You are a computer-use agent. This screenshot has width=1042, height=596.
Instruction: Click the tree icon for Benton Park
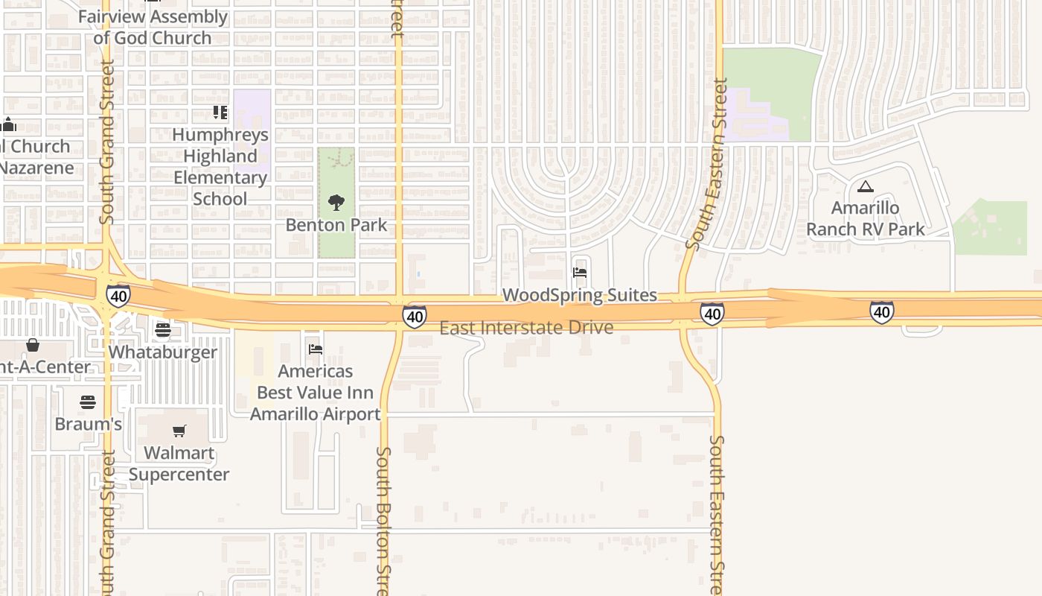pyautogui.click(x=336, y=202)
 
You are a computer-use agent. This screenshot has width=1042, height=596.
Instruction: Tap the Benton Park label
pyautogui.click(x=336, y=225)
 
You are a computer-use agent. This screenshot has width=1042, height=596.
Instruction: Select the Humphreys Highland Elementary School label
pyautogui.click(x=220, y=167)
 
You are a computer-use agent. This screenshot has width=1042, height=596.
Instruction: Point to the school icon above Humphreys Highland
pyautogui.click(x=220, y=112)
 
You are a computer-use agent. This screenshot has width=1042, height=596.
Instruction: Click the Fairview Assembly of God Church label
pyautogui.click(x=153, y=27)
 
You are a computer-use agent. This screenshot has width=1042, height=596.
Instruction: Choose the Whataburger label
pyautogui.click(x=163, y=352)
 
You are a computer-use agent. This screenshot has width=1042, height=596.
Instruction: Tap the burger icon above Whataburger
pyautogui.click(x=163, y=329)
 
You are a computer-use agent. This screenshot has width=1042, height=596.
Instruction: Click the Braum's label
pyautogui.click(x=88, y=424)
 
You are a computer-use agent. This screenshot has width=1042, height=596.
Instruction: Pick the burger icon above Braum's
pyautogui.click(x=88, y=402)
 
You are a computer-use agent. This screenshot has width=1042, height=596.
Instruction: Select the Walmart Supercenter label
pyautogui.click(x=179, y=463)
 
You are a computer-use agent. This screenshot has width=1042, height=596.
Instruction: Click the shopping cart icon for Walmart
pyautogui.click(x=179, y=431)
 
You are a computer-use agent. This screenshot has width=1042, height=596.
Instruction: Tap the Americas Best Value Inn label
pyautogui.click(x=315, y=392)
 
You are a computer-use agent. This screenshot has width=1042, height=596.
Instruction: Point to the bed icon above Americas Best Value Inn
pyautogui.click(x=315, y=349)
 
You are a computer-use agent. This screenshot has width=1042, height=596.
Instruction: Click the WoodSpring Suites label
pyautogui.click(x=580, y=295)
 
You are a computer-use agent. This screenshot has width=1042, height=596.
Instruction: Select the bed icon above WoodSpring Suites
pyautogui.click(x=580, y=273)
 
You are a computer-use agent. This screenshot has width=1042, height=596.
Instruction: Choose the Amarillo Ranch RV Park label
pyautogui.click(x=866, y=218)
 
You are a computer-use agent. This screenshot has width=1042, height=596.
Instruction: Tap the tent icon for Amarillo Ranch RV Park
pyautogui.click(x=865, y=186)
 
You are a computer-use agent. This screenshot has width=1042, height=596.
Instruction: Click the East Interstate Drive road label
pyautogui.click(x=526, y=328)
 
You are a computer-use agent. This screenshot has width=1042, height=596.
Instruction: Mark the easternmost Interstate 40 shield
pyautogui.click(x=881, y=311)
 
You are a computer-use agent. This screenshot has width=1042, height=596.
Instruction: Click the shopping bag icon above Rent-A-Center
pyautogui.click(x=33, y=345)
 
